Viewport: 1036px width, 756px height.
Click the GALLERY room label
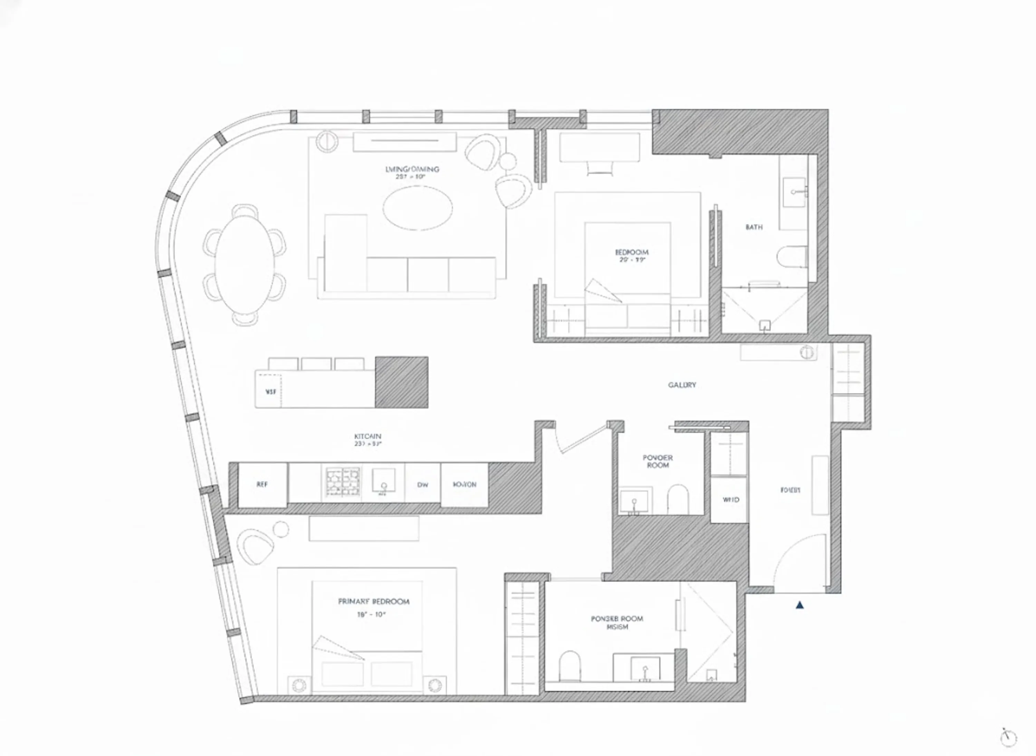[682, 385]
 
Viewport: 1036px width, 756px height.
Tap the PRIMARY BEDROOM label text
[373, 601]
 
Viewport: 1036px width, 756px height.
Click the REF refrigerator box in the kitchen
[262, 485]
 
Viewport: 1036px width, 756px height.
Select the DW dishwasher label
[422, 485]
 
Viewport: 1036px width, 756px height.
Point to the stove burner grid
[342, 481]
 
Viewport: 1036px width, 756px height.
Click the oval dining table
[245, 265]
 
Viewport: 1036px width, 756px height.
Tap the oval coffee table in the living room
[417, 209]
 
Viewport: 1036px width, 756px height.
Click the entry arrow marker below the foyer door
[799, 605]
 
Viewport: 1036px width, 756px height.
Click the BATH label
[754, 227]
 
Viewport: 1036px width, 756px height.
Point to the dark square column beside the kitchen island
[402, 382]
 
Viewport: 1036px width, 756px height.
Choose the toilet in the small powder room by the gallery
[678, 500]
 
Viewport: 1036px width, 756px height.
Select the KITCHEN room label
[367, 437]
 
